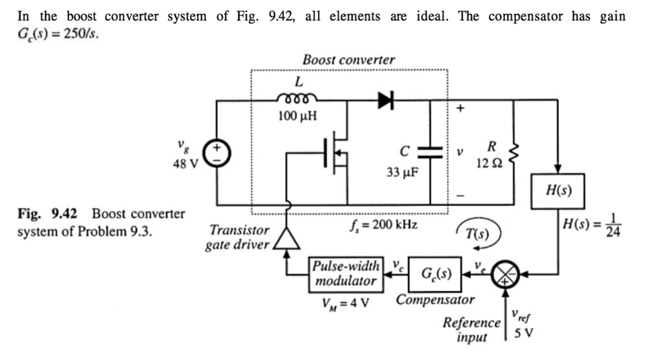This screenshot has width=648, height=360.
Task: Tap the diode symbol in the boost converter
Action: [385, 99]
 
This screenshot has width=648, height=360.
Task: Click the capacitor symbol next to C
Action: [431, 152]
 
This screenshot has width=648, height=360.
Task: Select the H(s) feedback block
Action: [557, 190]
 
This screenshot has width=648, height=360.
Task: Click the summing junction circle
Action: [505, 273]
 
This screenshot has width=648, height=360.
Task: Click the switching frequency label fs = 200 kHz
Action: [382, 225]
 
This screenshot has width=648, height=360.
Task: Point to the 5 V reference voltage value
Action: [523, 333]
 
